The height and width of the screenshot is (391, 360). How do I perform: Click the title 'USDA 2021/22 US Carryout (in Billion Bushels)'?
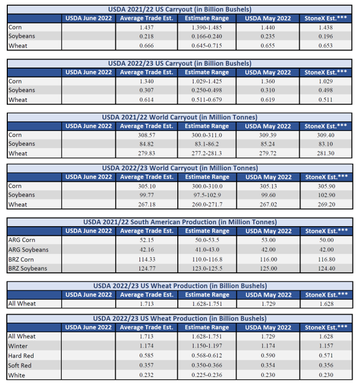click(x=180, y=10)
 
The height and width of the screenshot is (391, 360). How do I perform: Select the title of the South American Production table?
click(x=180, y=222)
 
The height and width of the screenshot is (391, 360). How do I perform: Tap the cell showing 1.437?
click(x=148, y=27)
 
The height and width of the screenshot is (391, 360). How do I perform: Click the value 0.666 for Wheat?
click(x=148, y=46)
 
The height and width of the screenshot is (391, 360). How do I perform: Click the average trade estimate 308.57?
click(x=148, y=135)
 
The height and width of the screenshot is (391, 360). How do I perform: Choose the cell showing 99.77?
click(x=148, y=195)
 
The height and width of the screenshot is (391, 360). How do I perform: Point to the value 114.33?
click(x=148, y=259)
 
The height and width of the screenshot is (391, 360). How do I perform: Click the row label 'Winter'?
click(x=19, y=347)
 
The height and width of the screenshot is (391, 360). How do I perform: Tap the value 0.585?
click(x=148, y=356)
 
